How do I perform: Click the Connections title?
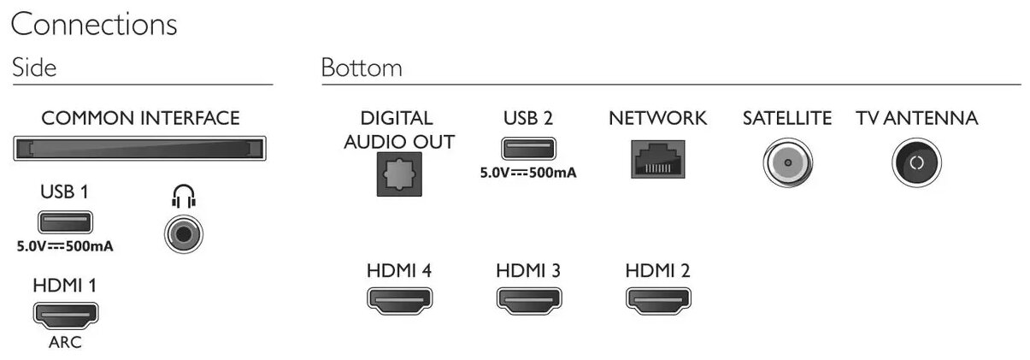[x=93, y=25]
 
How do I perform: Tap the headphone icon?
[x=182, y=198]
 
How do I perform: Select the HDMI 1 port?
[x=65, y=316]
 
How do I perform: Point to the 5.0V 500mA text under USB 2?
[x=528, y=172]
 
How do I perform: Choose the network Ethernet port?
[x=657, y=158]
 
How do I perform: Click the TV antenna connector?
[x=916, y=162]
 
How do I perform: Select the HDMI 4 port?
[x=398, y=299]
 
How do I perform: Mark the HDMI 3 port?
[x=527, y=299]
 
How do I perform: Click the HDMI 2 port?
[x=657, y=299]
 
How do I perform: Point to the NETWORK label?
[x=657, y=119]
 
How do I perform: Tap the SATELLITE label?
[x=786, y=119]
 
